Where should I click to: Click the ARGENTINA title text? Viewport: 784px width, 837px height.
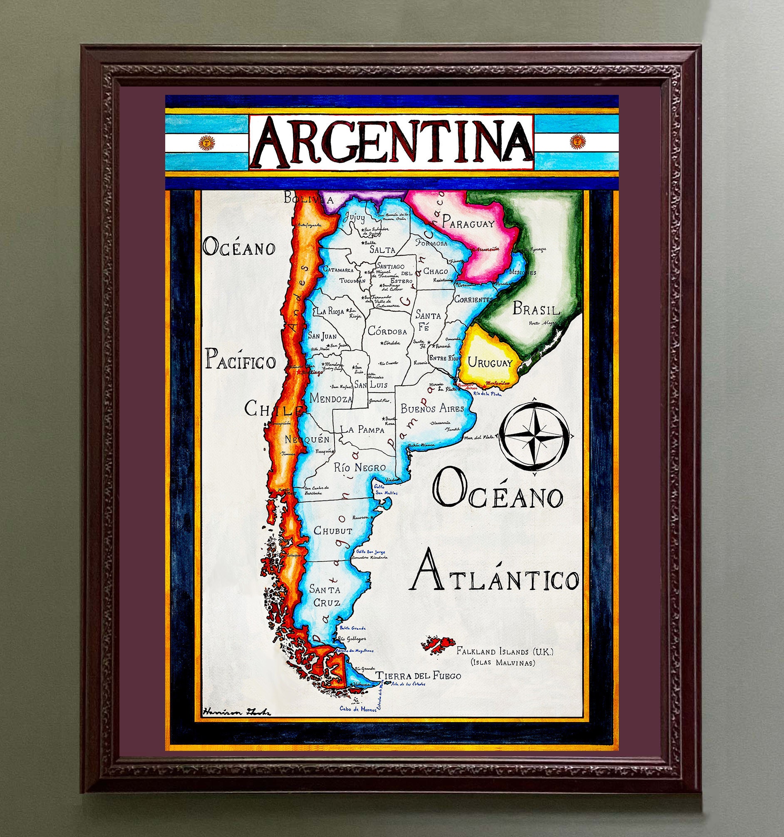point(391,143)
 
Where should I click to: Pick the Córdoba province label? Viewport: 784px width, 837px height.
point(387,332)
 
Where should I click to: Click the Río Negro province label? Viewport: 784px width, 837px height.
point(360,467)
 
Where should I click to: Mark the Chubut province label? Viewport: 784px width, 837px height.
point(332,531)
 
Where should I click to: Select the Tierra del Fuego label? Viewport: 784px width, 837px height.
point(418,676)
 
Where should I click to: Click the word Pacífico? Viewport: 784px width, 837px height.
point(240,361)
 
